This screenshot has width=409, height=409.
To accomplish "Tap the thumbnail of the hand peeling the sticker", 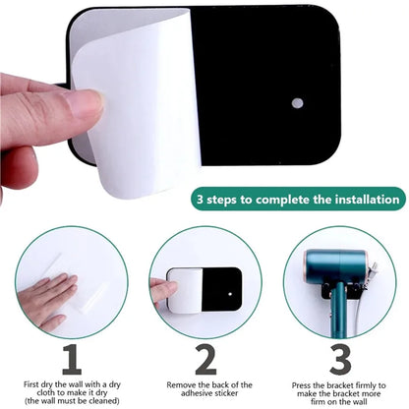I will [204, 283].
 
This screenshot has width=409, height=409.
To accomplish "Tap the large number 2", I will [204, 360].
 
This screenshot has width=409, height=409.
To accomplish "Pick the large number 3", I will [339, 360].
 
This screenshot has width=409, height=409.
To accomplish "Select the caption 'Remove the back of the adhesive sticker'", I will [204, 389].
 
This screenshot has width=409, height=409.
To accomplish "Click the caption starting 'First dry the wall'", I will [69, 389].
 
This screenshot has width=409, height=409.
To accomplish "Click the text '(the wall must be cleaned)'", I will [69, 402].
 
